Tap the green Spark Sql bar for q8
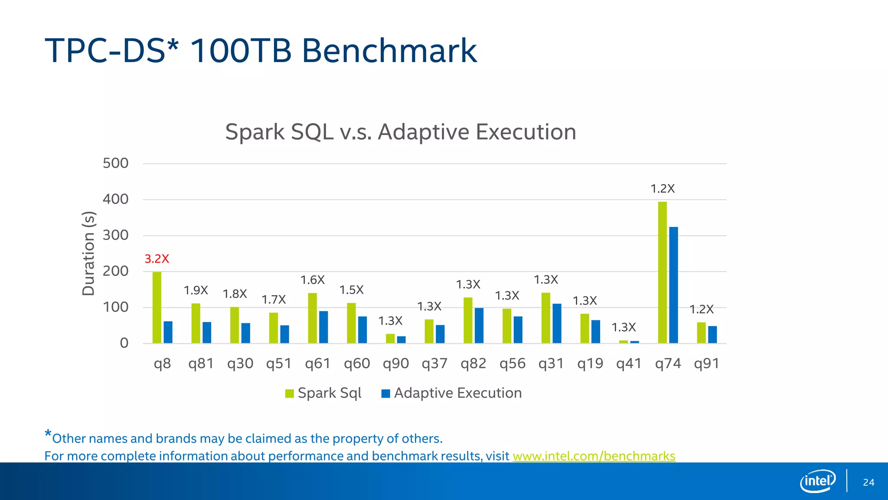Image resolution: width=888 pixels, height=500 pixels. [x=157, y=308]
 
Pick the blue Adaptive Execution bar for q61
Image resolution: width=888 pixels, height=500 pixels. [x=323, y=327]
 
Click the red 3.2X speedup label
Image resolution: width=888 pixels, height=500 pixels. [x=157, y=259]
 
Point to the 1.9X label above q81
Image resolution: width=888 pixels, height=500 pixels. [x=196, y=290]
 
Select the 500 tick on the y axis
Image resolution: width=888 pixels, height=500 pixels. [x=115, y=164]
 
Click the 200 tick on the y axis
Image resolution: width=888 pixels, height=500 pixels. [x=115, y=272]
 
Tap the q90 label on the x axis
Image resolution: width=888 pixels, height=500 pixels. [x=395, y=363]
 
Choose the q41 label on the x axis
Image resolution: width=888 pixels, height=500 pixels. [x=629, y=363]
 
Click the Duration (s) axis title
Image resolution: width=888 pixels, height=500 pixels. [x=88, y=253]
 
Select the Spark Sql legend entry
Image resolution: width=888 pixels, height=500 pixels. [x=323, y=393]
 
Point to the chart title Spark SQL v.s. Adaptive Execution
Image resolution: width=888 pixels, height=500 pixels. [x=401, y=132]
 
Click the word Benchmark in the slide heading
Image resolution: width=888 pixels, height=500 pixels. [x=389, y=51]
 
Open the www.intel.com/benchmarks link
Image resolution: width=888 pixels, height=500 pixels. [x=594, y=456]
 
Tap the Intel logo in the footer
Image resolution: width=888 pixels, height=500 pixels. [x=817, y=481]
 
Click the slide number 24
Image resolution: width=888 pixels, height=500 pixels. [x=868, y=482]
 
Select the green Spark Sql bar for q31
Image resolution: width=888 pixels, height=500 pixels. [x=545, y=318]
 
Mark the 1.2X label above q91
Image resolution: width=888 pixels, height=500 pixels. [x=701, y=309]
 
